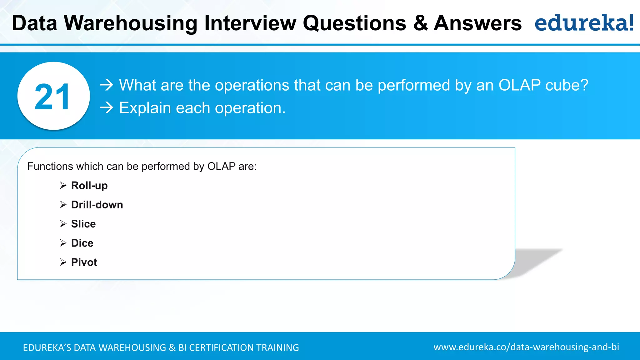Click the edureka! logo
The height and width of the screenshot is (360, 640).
click(x=584, y=23)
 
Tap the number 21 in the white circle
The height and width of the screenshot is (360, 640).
click(x=52, y=97)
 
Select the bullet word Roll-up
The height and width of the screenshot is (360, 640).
click(x=89, y=186)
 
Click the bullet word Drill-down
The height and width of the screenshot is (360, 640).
click(x=97, y=205)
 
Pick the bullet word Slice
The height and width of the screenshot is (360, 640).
click(x=83, y=224)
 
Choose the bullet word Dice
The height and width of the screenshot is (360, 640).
click(x=82, y=243)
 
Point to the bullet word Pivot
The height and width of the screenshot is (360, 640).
click(x=84, y=262)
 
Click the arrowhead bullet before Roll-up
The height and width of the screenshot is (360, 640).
click(x=63, y=186)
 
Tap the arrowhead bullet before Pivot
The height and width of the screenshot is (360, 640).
click(x=63, y=262)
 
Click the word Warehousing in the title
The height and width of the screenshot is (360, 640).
click(x=130, y=23)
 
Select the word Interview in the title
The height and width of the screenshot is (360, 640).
click(x=250, y=23)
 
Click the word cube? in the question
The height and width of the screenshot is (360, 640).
click(x=567, y=85)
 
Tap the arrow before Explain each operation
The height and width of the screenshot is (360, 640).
click(x=107, y=108)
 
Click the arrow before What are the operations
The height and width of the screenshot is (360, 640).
click(x=107, y=85)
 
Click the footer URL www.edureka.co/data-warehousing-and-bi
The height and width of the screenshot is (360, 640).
click(x=526, y=347)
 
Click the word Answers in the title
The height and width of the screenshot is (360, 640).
click(x=477, y=23)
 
